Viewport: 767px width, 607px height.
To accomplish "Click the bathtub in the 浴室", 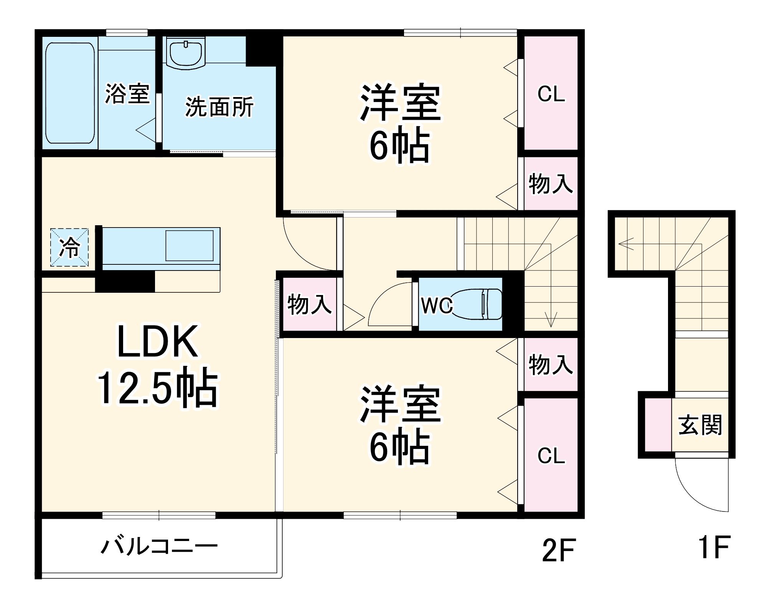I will (70, 93).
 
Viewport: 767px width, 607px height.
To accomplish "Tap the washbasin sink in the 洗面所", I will (186, 54).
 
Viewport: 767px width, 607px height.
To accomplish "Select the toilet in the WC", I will (480, 304).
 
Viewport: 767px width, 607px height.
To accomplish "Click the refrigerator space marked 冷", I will (69, 247).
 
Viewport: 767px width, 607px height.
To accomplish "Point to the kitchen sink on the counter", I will (189, 246).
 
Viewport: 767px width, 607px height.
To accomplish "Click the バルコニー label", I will (159, 546).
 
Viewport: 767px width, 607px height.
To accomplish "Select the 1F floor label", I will (713, 547).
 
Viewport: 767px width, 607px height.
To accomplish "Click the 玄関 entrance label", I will (700, 425).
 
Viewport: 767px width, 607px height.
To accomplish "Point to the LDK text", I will (158, 342).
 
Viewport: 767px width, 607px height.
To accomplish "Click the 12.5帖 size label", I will (157, 388).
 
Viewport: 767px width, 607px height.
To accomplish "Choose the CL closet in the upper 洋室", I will (551, 93).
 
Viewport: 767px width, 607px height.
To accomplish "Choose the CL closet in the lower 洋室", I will (551, 455).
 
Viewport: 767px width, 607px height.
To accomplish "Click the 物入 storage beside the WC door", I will (309, 304).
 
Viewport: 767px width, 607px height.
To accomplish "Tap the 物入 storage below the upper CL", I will (551, 183).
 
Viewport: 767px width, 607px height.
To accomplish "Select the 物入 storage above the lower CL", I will (551, 364).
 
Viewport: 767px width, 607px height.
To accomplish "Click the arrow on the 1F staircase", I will (625, 244).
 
